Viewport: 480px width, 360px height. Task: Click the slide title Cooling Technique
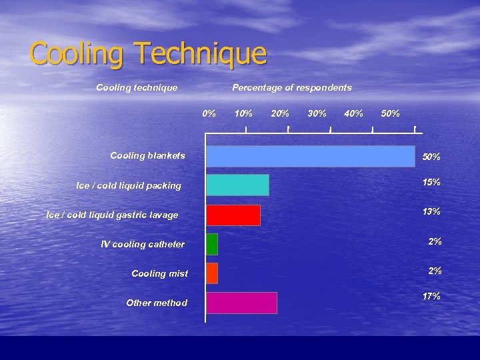pos(147,53)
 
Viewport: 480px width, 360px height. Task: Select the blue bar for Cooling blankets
pos(310,156)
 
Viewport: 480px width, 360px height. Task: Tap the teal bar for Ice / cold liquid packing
pos(237,185)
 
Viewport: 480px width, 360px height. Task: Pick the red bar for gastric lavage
pos(233,215)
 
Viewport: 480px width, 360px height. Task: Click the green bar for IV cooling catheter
pos(212,244)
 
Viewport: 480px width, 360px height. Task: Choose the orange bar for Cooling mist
pos(212,273)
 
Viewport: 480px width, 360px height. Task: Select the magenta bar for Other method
pos(241,303)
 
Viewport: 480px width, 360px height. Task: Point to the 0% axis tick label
pos(209,113)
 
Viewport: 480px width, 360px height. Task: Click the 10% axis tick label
pos(244,113)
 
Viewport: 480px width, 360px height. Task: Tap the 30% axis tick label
pos(317,113)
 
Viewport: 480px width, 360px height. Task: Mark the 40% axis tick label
pos(353,113)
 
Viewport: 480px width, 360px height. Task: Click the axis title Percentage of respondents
pos(292,87)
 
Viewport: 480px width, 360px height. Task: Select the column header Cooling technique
pos(137,87)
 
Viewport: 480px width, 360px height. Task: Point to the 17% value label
pos(431,296)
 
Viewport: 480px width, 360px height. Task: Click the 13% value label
pos(431,211)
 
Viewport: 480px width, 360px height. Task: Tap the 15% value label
pos(431,182)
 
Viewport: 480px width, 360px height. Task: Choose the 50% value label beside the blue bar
pos(431,157)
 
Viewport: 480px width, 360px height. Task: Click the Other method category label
pos(157,303)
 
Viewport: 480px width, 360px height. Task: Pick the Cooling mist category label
pos(159,273)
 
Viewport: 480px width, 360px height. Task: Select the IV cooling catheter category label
pos(142,244)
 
